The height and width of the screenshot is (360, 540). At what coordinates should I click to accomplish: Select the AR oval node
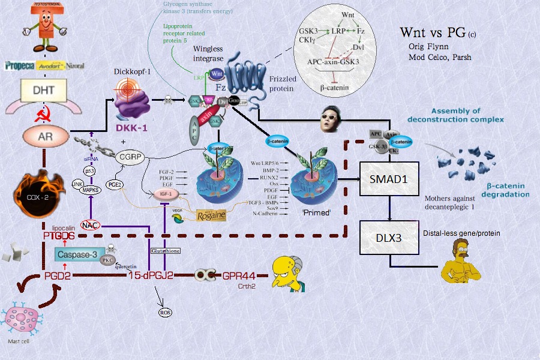click(45, 136)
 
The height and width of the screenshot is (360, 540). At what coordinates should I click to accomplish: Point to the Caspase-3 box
click(78, 255)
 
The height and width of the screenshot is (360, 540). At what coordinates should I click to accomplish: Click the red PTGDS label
click(59, 236)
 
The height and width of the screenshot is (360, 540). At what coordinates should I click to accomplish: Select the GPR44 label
click(239, 275)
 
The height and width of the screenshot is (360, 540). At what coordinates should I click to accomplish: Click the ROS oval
click(165, 313)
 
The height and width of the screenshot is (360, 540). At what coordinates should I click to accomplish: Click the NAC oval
click(90, 225)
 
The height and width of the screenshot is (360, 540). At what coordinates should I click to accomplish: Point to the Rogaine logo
click(214, 215)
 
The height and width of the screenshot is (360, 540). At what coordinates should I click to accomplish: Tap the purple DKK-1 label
click(132, 128)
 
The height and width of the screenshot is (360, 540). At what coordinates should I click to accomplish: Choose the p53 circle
click(89, 171)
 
